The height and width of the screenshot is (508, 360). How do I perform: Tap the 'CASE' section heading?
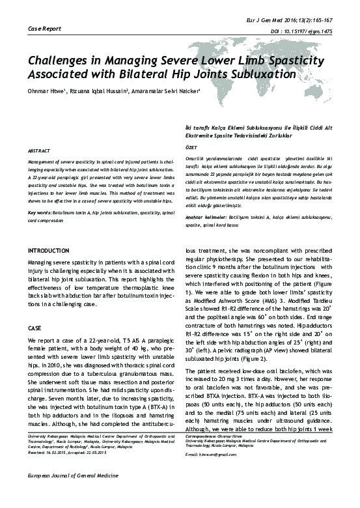click(x=35, y=329)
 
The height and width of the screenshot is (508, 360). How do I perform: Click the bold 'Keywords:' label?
click(x=40, y=212)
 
